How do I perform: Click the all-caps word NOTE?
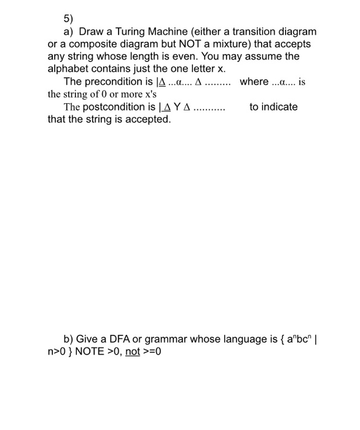[x=88, y=352]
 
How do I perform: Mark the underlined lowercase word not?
[x=132, y=352]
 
